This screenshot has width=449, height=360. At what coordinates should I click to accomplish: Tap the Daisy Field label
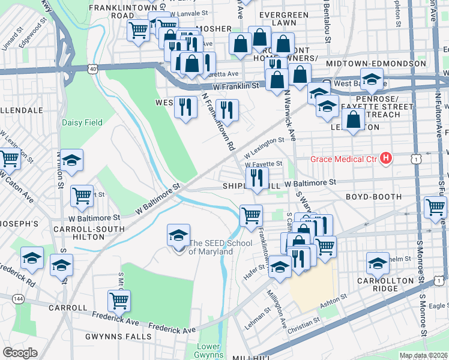(x=82, y=122)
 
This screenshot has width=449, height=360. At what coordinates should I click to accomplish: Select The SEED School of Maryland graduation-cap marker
(x=178, y=236)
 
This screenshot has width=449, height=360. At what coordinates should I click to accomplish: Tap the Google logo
(x=20, y=353)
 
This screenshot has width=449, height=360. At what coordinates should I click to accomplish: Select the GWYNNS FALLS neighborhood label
(x=118, y=337)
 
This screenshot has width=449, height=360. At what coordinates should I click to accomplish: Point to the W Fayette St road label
(x=264, y=163)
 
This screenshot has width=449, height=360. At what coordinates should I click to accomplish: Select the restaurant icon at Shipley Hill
(x=257, y=177)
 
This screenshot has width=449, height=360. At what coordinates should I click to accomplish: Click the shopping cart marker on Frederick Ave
(x=119, y=301)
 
